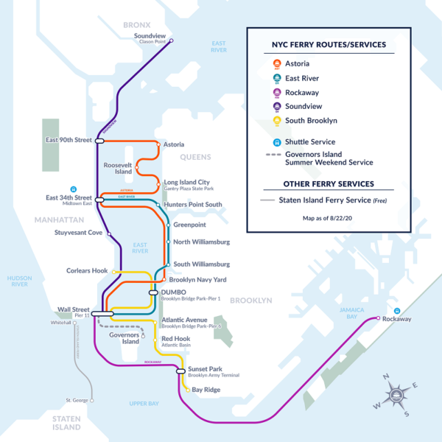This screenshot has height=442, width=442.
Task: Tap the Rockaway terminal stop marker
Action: coord(378,318)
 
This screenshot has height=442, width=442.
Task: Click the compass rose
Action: coord(396,396)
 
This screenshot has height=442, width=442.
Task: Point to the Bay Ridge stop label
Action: coord(207,390)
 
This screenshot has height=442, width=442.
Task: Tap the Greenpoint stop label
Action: coord(189,225)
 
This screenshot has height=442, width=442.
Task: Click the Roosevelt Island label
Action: coord(118,169)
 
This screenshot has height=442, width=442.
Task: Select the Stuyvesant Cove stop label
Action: coord(79,234)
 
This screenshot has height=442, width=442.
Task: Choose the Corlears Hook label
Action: coord(87,270)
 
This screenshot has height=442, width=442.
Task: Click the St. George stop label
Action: coord(77,401)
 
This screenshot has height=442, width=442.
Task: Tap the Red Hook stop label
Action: coord(175,338)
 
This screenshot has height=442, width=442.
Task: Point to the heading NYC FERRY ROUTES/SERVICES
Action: coord(328,45)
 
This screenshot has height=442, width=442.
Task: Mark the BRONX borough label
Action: coord(136,25)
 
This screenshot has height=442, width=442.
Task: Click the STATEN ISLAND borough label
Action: coord(66,423)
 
